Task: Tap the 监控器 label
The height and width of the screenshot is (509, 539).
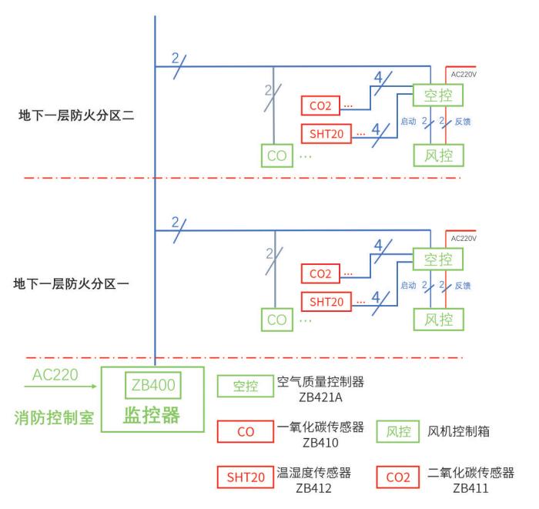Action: tap(152, 416)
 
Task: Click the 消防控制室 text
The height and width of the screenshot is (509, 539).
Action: tap(55, 417)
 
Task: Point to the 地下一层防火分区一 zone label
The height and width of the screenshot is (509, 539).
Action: tap(73, 283)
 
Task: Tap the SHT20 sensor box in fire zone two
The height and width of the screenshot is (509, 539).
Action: tap(326, 132)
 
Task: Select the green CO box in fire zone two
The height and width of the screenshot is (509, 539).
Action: tap(277, 155)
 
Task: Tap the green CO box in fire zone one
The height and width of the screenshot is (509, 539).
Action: tap(277, 318)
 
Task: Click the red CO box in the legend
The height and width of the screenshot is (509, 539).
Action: tap(245, 433)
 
